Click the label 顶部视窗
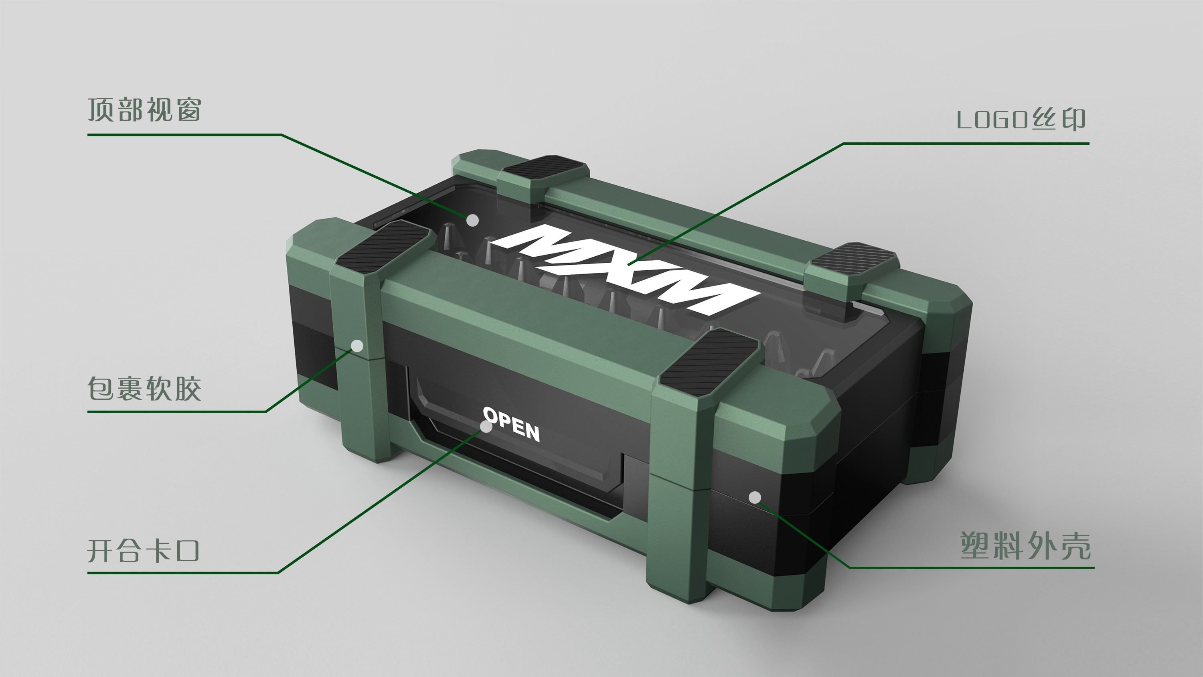coord(144,110)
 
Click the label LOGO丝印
coord(1021,120)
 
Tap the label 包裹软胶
coord(144,389)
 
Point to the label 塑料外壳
coord(1025,546)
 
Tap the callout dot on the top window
coord(473,220)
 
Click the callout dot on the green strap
coord(357,346)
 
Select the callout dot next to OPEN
coord(486,427)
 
